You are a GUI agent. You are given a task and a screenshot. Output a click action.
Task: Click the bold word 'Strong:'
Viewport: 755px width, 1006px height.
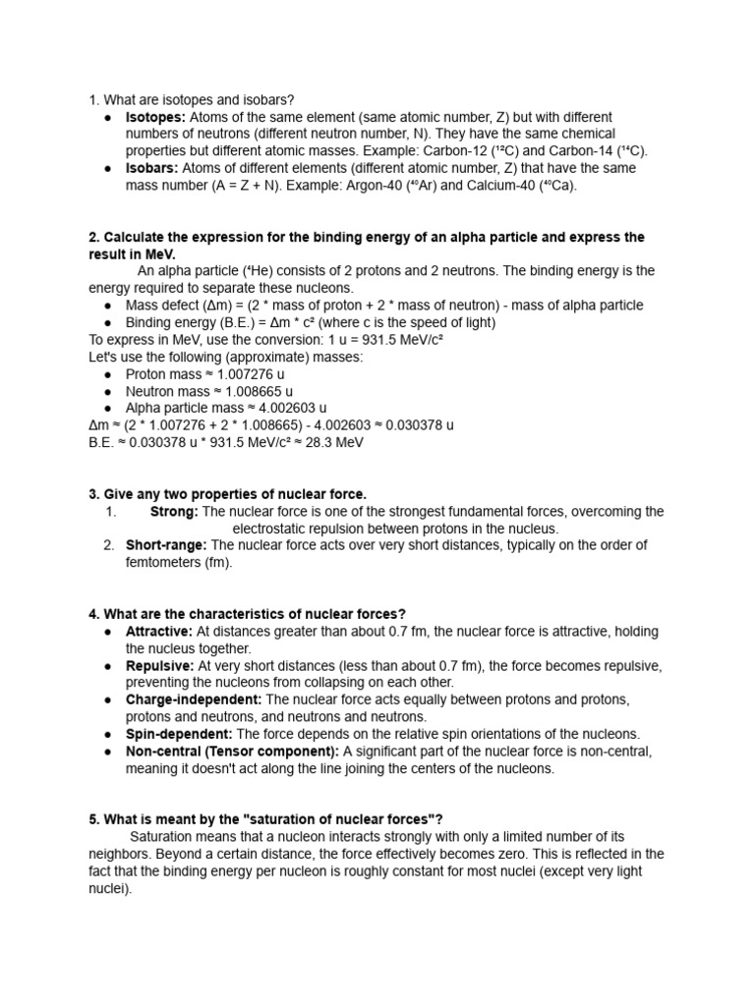pos(174,511)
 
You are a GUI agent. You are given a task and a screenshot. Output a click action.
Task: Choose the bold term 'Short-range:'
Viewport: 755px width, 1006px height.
pos(166,545)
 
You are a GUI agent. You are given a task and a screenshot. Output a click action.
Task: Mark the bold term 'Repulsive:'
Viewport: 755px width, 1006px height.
pos(160,665)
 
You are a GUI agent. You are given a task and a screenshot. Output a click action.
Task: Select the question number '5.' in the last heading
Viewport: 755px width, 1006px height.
pos(94,819)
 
